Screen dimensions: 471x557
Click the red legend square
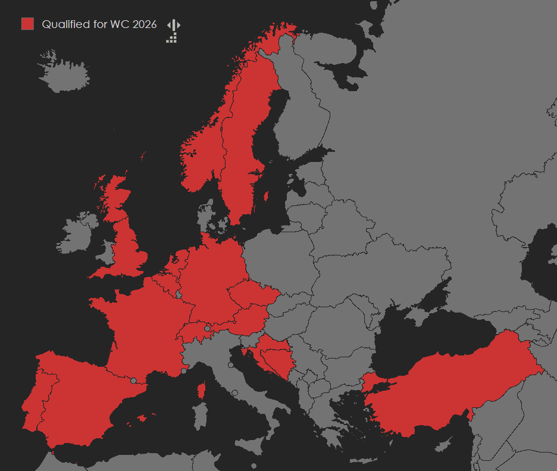tap(27, 24)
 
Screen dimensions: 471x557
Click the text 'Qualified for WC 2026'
tap(99, 24)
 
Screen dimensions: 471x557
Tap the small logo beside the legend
tap(173, 31)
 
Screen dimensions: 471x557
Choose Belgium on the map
tap(167, 280)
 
